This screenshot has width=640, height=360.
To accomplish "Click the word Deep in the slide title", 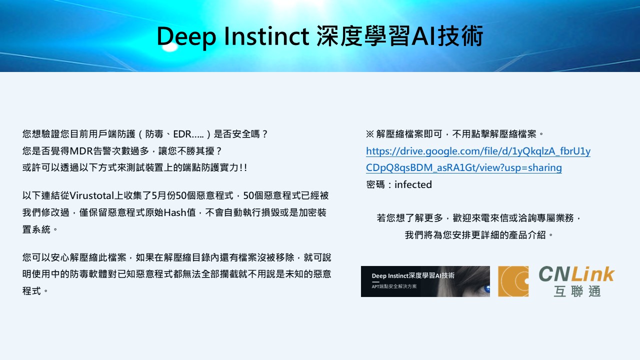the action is click(x=186, y=36).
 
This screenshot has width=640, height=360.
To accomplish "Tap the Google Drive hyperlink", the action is click(x=478, y=159).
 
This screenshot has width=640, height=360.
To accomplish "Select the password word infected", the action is click(x=413, y=184).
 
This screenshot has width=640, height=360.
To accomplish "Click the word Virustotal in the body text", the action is click(x=91, y=195).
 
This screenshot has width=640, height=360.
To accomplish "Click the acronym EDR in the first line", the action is click(x=182, y=134).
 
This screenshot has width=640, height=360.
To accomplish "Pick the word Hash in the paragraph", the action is click(x=175, y=212).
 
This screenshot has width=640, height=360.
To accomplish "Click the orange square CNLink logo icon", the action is click(x=513, y=281).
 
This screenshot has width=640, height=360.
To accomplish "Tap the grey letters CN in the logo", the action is click(x=554, y=274).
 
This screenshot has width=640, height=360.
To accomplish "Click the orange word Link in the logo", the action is click(x=593, y=274).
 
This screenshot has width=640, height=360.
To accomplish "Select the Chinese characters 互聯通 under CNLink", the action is click(x=577, y=291).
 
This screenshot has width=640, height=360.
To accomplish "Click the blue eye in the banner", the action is click(x=486, y=288).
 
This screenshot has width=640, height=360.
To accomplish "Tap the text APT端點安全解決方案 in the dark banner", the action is click(x=394, y=286).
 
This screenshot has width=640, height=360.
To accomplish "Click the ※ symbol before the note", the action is click(x=369, y=134).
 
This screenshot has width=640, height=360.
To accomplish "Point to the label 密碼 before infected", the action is click(x=375, y=184).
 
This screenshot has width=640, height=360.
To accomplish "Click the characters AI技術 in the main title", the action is click(x=447, y=36).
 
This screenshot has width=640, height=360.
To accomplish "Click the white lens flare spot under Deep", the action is click(x=169, y=47).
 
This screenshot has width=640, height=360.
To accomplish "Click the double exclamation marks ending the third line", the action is click(x=243, y=167).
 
